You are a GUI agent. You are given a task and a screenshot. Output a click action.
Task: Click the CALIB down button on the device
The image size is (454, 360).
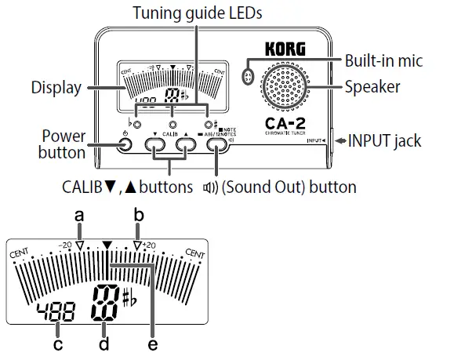(154, 146)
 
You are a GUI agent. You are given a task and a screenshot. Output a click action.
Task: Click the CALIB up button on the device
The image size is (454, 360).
(185, 146)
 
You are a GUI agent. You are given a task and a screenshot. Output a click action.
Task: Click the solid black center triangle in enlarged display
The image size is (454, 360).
(108, 245)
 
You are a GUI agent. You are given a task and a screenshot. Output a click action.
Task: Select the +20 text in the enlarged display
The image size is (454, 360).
(150, 245)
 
